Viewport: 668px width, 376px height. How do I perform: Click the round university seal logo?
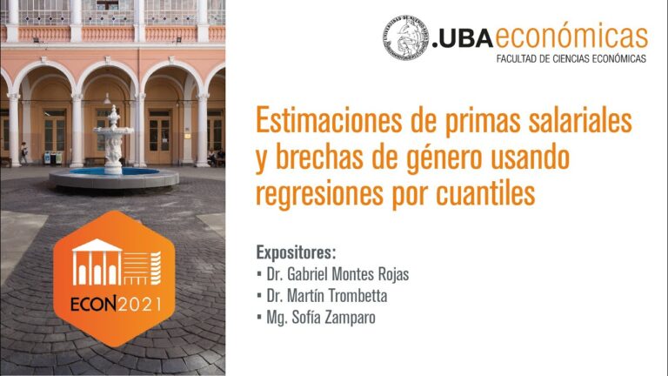click(x=405, y=37)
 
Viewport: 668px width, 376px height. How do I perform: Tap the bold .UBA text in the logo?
click(x=463, y=39)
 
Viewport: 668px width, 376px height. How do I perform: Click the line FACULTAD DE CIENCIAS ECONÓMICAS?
click(x=571, y=59)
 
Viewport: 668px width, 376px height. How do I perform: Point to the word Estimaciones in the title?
click(x=329, y=120)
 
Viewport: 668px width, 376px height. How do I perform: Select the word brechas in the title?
click(x=319, y=157)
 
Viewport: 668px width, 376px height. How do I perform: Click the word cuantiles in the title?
click(x=485, y=193)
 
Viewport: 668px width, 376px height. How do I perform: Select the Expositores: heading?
click(x=296, y=252)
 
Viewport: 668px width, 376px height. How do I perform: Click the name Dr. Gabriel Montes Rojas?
click(x=337, y=274)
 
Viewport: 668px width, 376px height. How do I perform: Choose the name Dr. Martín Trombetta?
click(x=327, y=295)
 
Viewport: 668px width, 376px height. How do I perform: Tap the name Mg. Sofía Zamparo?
click(x=321, y=318)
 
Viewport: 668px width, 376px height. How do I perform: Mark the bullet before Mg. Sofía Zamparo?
click(x=259, y=317)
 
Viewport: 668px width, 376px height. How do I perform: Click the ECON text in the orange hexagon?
click(x=93, y=305)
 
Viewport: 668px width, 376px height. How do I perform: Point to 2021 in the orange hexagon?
click(x=139, y=305)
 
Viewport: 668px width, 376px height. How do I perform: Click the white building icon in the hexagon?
click(x=117, y=262)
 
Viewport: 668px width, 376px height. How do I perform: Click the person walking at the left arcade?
click(x=23, y=153)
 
